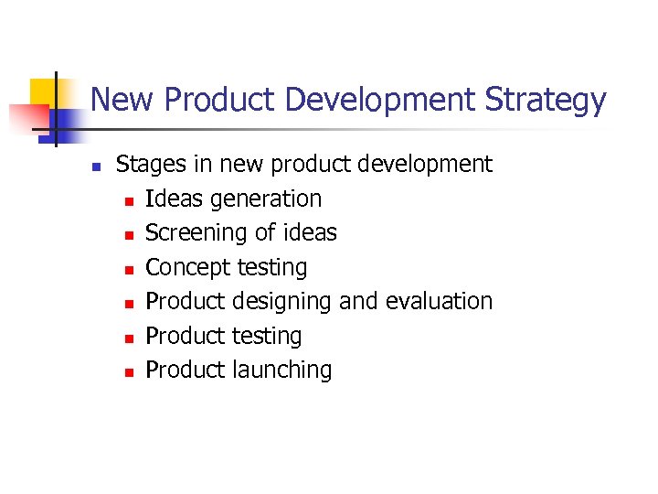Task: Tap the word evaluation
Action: [439, 301]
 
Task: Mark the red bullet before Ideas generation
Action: [128, 200]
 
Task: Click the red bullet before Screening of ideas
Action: [128, 235]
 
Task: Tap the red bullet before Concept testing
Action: [128, 269]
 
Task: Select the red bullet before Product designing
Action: [128, 303]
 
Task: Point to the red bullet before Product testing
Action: [128, 338]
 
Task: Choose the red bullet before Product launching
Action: [128, 371]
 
